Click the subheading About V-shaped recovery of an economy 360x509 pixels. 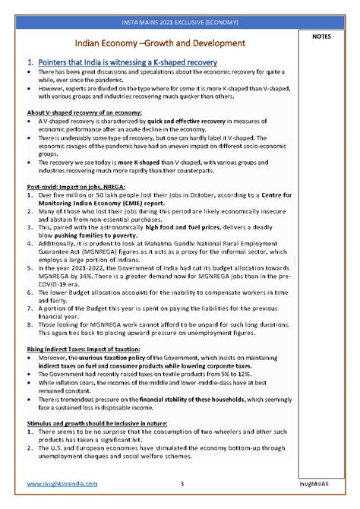[x=84, y=112]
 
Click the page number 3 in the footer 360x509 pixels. [x=182, y=484]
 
